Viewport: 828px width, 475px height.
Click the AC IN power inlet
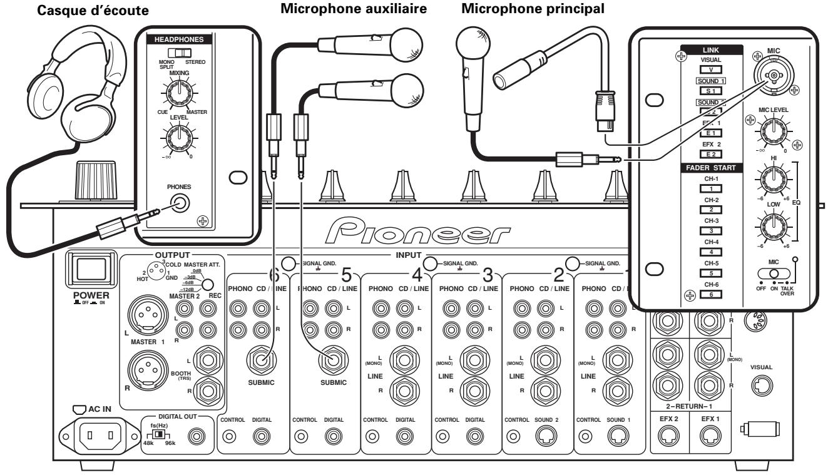93,434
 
